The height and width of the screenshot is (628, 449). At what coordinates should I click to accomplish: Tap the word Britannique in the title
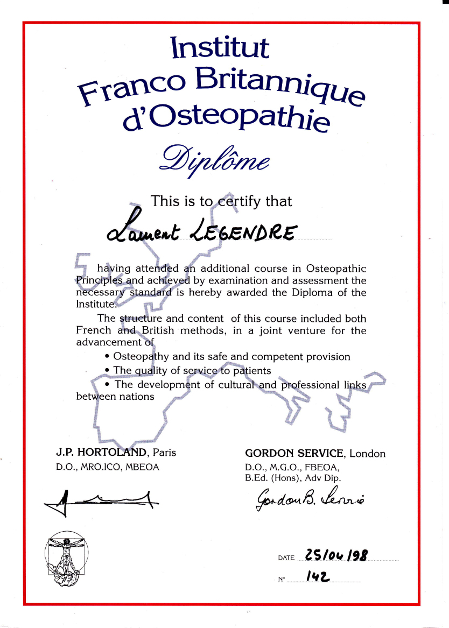tap(280, 86)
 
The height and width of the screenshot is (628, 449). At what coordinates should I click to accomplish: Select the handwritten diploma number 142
tap(318, 577)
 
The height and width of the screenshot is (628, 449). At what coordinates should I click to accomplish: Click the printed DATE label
tap(286, 558)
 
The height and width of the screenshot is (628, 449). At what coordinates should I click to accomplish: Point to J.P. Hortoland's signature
tap(101, 501)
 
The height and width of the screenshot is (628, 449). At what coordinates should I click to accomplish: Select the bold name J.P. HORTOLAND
tap(103, 452)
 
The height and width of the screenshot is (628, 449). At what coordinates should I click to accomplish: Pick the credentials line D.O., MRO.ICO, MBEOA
tap(108, 467)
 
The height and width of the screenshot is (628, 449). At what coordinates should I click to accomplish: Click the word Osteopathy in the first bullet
tap(141, 357)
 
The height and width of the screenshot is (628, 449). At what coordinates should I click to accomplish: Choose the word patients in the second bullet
tap(252, 371)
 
